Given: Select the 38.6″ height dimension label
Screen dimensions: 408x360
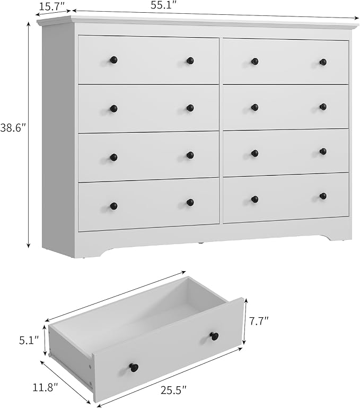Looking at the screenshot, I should [13, 129].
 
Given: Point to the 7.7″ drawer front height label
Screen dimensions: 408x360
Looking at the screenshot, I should [259, 321].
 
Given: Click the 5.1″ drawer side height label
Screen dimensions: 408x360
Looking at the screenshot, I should [30, 340].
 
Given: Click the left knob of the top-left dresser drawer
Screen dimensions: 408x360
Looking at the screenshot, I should [113, 59].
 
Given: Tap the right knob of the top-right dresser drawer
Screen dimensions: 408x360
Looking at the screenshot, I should [323, 62].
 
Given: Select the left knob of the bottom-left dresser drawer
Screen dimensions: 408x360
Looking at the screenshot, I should [113, 206].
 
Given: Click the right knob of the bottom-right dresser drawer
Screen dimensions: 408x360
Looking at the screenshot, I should [323, 196].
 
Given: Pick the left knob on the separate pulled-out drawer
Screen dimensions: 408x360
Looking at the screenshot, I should [134, 367].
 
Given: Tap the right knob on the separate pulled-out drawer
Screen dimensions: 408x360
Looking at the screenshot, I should [214, 336].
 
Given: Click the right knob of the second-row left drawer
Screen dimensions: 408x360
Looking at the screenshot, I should [190, 108].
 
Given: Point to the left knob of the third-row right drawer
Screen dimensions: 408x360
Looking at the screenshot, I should [255, 153].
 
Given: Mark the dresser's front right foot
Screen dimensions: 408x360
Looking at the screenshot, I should [339, 236].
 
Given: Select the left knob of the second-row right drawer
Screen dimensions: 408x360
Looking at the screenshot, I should [255, 107].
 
